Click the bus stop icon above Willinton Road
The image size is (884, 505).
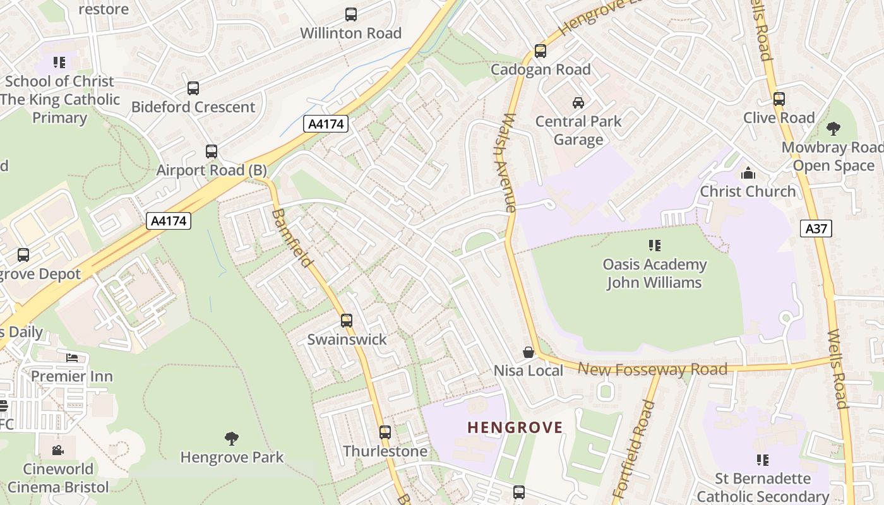pyautogui.click(x=350, y=14)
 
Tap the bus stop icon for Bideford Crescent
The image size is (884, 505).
pyautogui.click(x=193, y=88)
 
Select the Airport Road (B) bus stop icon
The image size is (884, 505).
pyautogui.click(x=212, y=151)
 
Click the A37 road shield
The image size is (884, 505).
pyautogui.click(x=816, y=229)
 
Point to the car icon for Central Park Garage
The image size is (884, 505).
pyautogui.click(x=578, y=102)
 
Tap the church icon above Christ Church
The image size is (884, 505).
pyautogui.click(x=748, y=173)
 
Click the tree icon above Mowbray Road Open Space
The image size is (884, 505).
pyautogui.click(x=833, y=129)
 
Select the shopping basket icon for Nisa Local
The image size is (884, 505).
pyautogui.click(x=529, y=352)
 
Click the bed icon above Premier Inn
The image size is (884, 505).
pyautogui.click(x=72, y=358)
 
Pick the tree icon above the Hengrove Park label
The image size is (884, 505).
pyautogui.click(x=232, y=438)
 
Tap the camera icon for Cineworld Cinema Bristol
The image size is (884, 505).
pyautogui.click(x=58, y=450)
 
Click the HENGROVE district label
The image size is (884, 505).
pyautogui.click(x=515, y=427)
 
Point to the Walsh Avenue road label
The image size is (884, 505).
pyautogui.click(x=510, y=162)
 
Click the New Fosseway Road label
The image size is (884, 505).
pyautogui.click(x=652, y=369)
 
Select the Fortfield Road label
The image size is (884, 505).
pyautogui.click(x=635, y=448)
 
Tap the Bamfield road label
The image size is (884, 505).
pyautogui.click(x=292, y=238)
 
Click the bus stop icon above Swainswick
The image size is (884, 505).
pyautogui.click(x=347, y=321)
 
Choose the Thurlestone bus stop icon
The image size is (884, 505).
pyautogui.click(x=385, y=432)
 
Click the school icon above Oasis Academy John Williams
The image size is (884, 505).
pyautogui.click(x=654, y=245)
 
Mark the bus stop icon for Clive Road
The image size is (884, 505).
pyautogui.click(x=779, y=99)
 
